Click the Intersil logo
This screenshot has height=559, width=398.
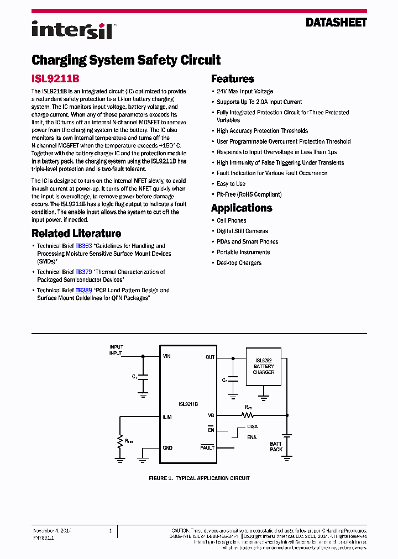pos(72,30)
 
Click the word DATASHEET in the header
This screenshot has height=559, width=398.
pos(336,23)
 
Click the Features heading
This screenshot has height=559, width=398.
pos(232,79)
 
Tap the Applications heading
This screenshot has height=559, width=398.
pos(242,208)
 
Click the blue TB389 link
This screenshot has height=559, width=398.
pos(84,290)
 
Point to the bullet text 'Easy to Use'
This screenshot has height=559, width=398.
pos(231,184)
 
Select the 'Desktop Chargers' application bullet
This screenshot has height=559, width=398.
pos(239,263)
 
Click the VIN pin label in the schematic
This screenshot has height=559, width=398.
pos(167,357)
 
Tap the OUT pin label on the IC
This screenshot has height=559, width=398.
pos(210,357)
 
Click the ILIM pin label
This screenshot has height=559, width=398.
pos(167,417)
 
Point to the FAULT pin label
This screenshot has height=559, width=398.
pos(207,447)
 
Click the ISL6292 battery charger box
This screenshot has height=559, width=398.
pos(264,366)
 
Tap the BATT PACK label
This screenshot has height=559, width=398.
pos(276,446)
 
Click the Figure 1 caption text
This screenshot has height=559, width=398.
pos(199,478)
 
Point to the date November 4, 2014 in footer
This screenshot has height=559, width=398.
pos(52,531)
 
